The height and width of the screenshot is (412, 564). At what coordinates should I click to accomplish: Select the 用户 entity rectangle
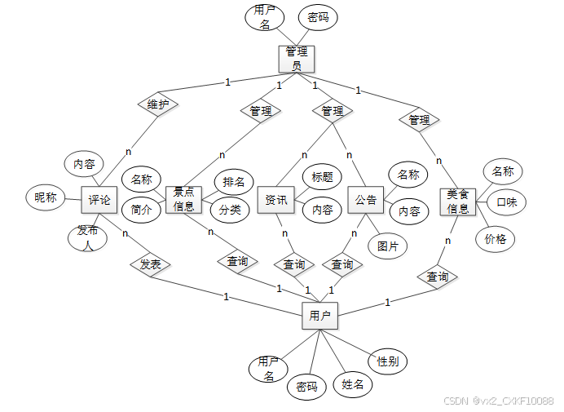[320, 315]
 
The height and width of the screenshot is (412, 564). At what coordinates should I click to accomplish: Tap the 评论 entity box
[99, 200]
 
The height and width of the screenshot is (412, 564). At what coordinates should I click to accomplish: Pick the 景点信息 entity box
[183, 199]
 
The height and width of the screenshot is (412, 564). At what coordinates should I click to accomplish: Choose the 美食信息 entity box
[458, 202]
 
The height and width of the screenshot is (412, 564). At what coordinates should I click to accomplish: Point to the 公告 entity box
[367, 200]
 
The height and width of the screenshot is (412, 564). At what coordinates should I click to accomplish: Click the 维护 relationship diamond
[158, 105]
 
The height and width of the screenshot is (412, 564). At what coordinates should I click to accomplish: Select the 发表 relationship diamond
[150, 264]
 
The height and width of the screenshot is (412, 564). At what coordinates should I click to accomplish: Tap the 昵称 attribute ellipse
[46, 197]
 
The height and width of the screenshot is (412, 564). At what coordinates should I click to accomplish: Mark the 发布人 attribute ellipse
[87, 237]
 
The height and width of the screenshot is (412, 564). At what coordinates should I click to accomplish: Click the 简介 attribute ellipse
[141, 210]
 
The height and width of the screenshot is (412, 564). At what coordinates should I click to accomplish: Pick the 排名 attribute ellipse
[234, 181]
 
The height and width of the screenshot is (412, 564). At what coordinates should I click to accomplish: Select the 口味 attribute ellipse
[507, 202]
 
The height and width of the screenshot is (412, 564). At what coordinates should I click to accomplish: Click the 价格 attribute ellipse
[496, 239]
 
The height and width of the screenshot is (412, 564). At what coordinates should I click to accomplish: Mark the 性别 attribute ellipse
[387, 361]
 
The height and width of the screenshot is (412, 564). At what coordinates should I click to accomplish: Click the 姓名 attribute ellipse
[352, 383]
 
